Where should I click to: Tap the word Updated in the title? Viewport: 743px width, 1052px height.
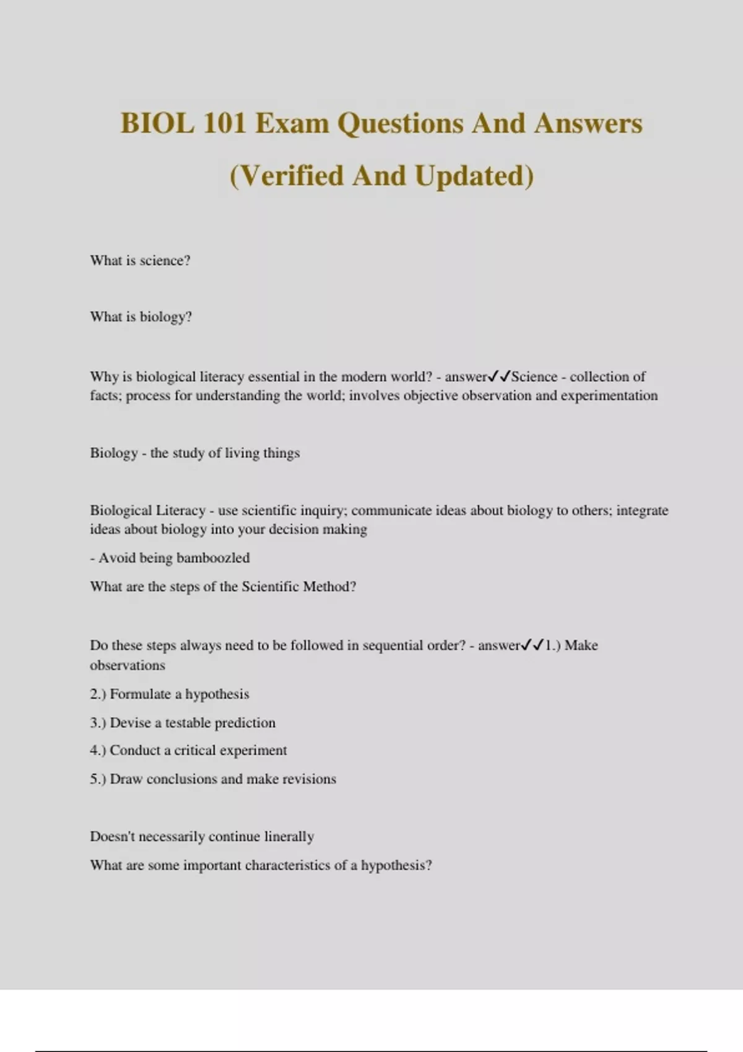pyautogui.click(x=474, y=176)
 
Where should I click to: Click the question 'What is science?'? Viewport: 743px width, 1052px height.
pyautogui.click(x=140, y=261)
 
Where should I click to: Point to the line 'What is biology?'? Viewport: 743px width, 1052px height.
pyautogui.click(x=141, y=317)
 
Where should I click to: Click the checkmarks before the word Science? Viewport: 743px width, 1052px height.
pyautogui.click(x=499, y=376)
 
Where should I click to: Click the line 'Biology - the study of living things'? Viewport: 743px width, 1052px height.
pyautogui.click(x=194, y=453)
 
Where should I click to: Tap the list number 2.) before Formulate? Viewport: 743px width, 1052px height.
pyautogui.click(x=97, y=694)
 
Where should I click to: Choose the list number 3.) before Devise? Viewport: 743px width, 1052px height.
pyautogui.click(x=97, y=723)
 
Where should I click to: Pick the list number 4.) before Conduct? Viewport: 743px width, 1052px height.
pyautogui.click(x=97, y=751)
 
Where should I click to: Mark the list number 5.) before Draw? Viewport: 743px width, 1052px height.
pyautogui.click(x=97, y=779)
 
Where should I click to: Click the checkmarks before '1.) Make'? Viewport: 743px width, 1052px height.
pyautogui.click(x=532, y=645)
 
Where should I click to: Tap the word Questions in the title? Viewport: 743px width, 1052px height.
pyautogui.click(x=400, y=123)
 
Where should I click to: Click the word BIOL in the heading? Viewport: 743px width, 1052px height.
pyautogui.click(x=157, y=123)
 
